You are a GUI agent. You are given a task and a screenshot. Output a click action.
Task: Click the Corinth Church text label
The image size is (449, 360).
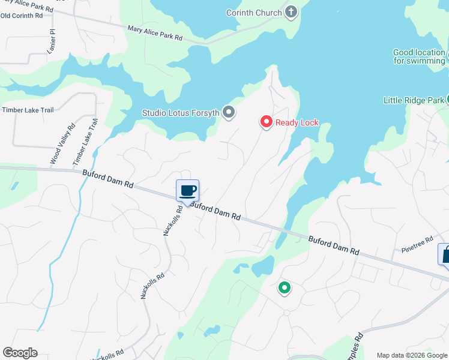click(253, 13)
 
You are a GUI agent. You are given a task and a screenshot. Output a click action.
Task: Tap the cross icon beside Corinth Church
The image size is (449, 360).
click(291, 12)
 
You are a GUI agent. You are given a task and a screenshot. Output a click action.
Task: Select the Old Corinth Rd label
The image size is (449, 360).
click(22, 14)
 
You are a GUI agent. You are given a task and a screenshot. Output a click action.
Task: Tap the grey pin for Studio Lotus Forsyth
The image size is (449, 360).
click(228, 112)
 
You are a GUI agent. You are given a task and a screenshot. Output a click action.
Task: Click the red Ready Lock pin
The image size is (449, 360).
click(266, 122)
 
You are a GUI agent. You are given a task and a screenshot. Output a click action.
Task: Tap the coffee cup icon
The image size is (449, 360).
click(187, 191)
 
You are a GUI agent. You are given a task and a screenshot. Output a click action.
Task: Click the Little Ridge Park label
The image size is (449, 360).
click(414, 100)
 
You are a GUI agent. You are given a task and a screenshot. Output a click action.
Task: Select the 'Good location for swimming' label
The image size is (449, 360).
click(419, 56)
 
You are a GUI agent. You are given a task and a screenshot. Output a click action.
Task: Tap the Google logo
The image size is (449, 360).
click(20, 353)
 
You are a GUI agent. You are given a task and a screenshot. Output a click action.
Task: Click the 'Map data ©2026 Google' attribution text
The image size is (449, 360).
click(412, 355)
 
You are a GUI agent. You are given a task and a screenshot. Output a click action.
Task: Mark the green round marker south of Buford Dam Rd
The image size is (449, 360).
click(285, 288)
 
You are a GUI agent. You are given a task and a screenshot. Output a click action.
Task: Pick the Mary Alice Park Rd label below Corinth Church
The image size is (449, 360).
click(155, 32)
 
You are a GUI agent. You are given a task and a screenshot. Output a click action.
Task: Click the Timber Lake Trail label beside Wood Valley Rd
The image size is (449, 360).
click(85, 142)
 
